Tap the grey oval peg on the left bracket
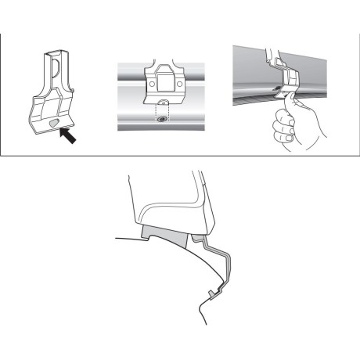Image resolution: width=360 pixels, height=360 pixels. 51,124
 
